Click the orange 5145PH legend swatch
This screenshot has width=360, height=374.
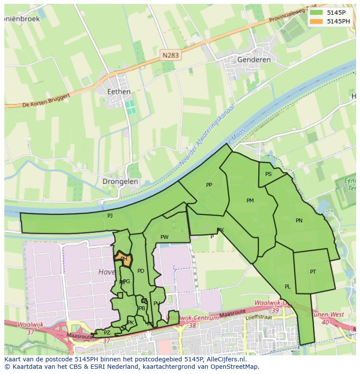(316, 21)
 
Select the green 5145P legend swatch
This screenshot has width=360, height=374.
(316, 13)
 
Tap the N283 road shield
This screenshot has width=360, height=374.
(170, 55)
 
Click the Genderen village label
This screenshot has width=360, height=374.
(254, 60)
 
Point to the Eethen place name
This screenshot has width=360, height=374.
(119, 92)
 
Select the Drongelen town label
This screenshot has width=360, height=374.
(120, 182)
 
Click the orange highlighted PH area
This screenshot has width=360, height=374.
(124, 258)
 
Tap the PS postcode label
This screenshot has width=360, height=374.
(268, 174)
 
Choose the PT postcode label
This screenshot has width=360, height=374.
(313, 272)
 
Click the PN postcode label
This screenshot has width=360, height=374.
(299, 221)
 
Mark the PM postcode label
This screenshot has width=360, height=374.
(250, 201)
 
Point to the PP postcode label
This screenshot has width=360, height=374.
(209, 185)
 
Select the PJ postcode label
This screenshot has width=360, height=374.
(110, 215)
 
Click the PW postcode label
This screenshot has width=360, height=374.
(164, 237)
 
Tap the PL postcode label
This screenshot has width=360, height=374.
(288, 287)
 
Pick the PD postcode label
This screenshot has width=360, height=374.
(140, 271)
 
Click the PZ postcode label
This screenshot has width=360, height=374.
(107, 333)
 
